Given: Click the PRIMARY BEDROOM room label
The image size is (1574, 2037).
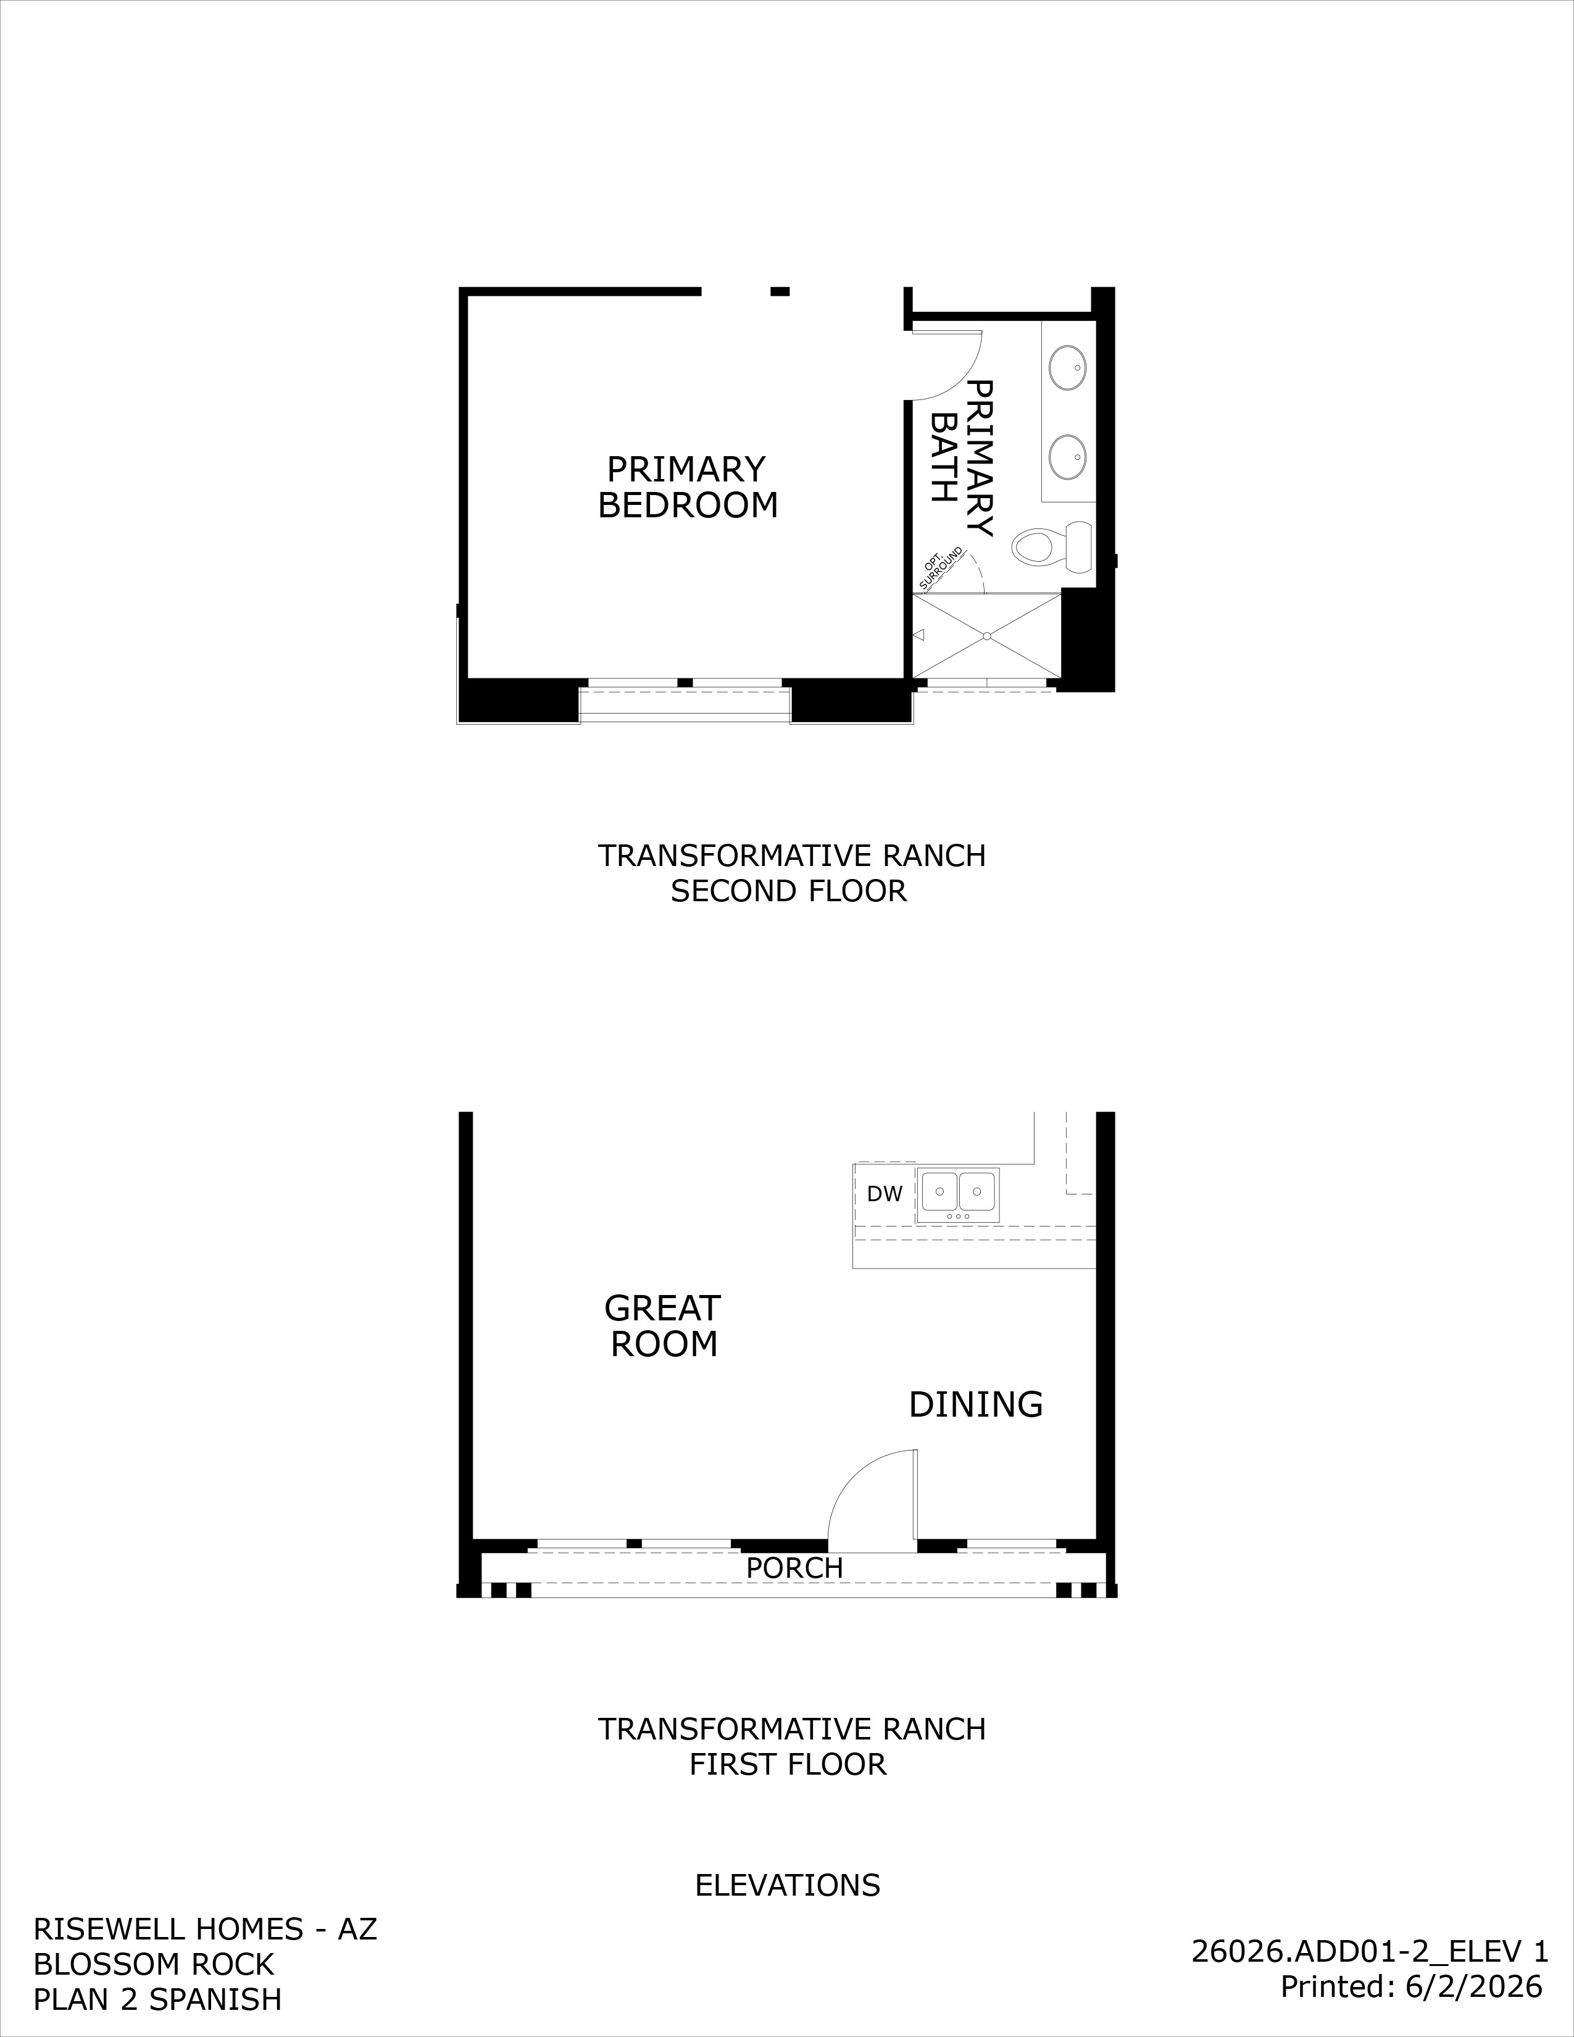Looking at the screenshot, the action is pyautogui.click(x=687, y=487).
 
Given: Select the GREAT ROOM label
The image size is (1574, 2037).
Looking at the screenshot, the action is pyautogui.click(x=663, y=1327).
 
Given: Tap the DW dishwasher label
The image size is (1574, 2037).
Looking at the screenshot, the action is pyautogui.click(x=884, y=1194).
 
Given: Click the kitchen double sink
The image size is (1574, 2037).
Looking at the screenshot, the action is pyautogui.click(x=957, y=1195).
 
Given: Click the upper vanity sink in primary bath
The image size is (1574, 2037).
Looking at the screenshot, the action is pyautogui.click(x=1068, y=367).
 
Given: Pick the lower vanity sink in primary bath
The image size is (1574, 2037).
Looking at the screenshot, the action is pyautogui.click(x=1068, y=457).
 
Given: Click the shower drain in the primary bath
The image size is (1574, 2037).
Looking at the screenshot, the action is pyautogui.click(x=986, y=636).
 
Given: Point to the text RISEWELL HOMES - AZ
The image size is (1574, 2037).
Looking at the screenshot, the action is pyautogui.click(x=205, y=1929).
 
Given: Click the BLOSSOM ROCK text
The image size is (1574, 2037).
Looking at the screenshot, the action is pyautogui.click(x=154, y=1964).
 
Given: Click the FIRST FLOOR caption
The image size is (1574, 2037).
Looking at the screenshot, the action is pyautogui.click(x=788, y=1765).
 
